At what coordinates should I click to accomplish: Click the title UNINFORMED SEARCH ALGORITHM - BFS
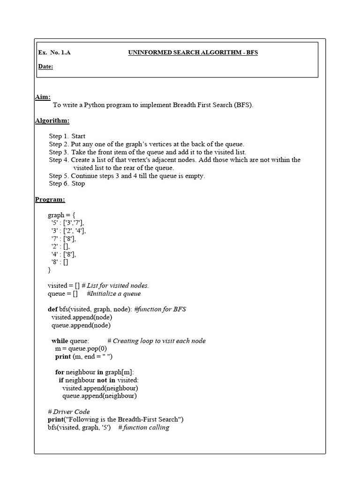point(193,52)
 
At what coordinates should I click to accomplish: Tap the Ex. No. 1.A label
point(54,52)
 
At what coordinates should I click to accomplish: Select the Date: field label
point(45,67)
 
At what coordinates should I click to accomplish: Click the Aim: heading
point(43,97)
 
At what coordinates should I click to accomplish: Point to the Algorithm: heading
point(52,120)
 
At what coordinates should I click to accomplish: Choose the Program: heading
point(50,200)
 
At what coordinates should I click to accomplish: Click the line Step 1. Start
point(67,136)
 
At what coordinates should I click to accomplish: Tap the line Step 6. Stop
point(67,184)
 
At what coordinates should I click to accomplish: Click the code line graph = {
point(61,215)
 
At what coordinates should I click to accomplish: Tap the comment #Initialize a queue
point(113,293)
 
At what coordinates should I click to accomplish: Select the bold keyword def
point(52,309)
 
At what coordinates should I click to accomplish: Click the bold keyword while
point(60,341)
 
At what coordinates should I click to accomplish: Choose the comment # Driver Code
point(68,412)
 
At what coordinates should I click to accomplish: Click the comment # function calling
point(143,427)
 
